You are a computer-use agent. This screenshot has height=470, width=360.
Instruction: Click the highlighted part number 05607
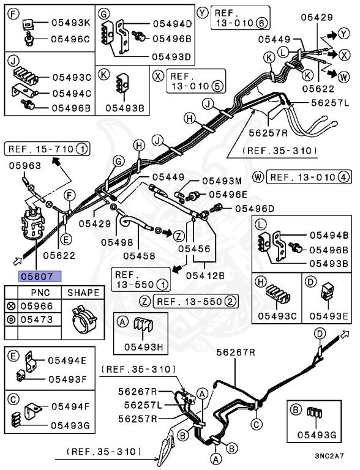point(40,276)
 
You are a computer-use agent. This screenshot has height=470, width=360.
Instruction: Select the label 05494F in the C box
point(70,406)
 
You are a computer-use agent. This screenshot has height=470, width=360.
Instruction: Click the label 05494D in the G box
point(172,24)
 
